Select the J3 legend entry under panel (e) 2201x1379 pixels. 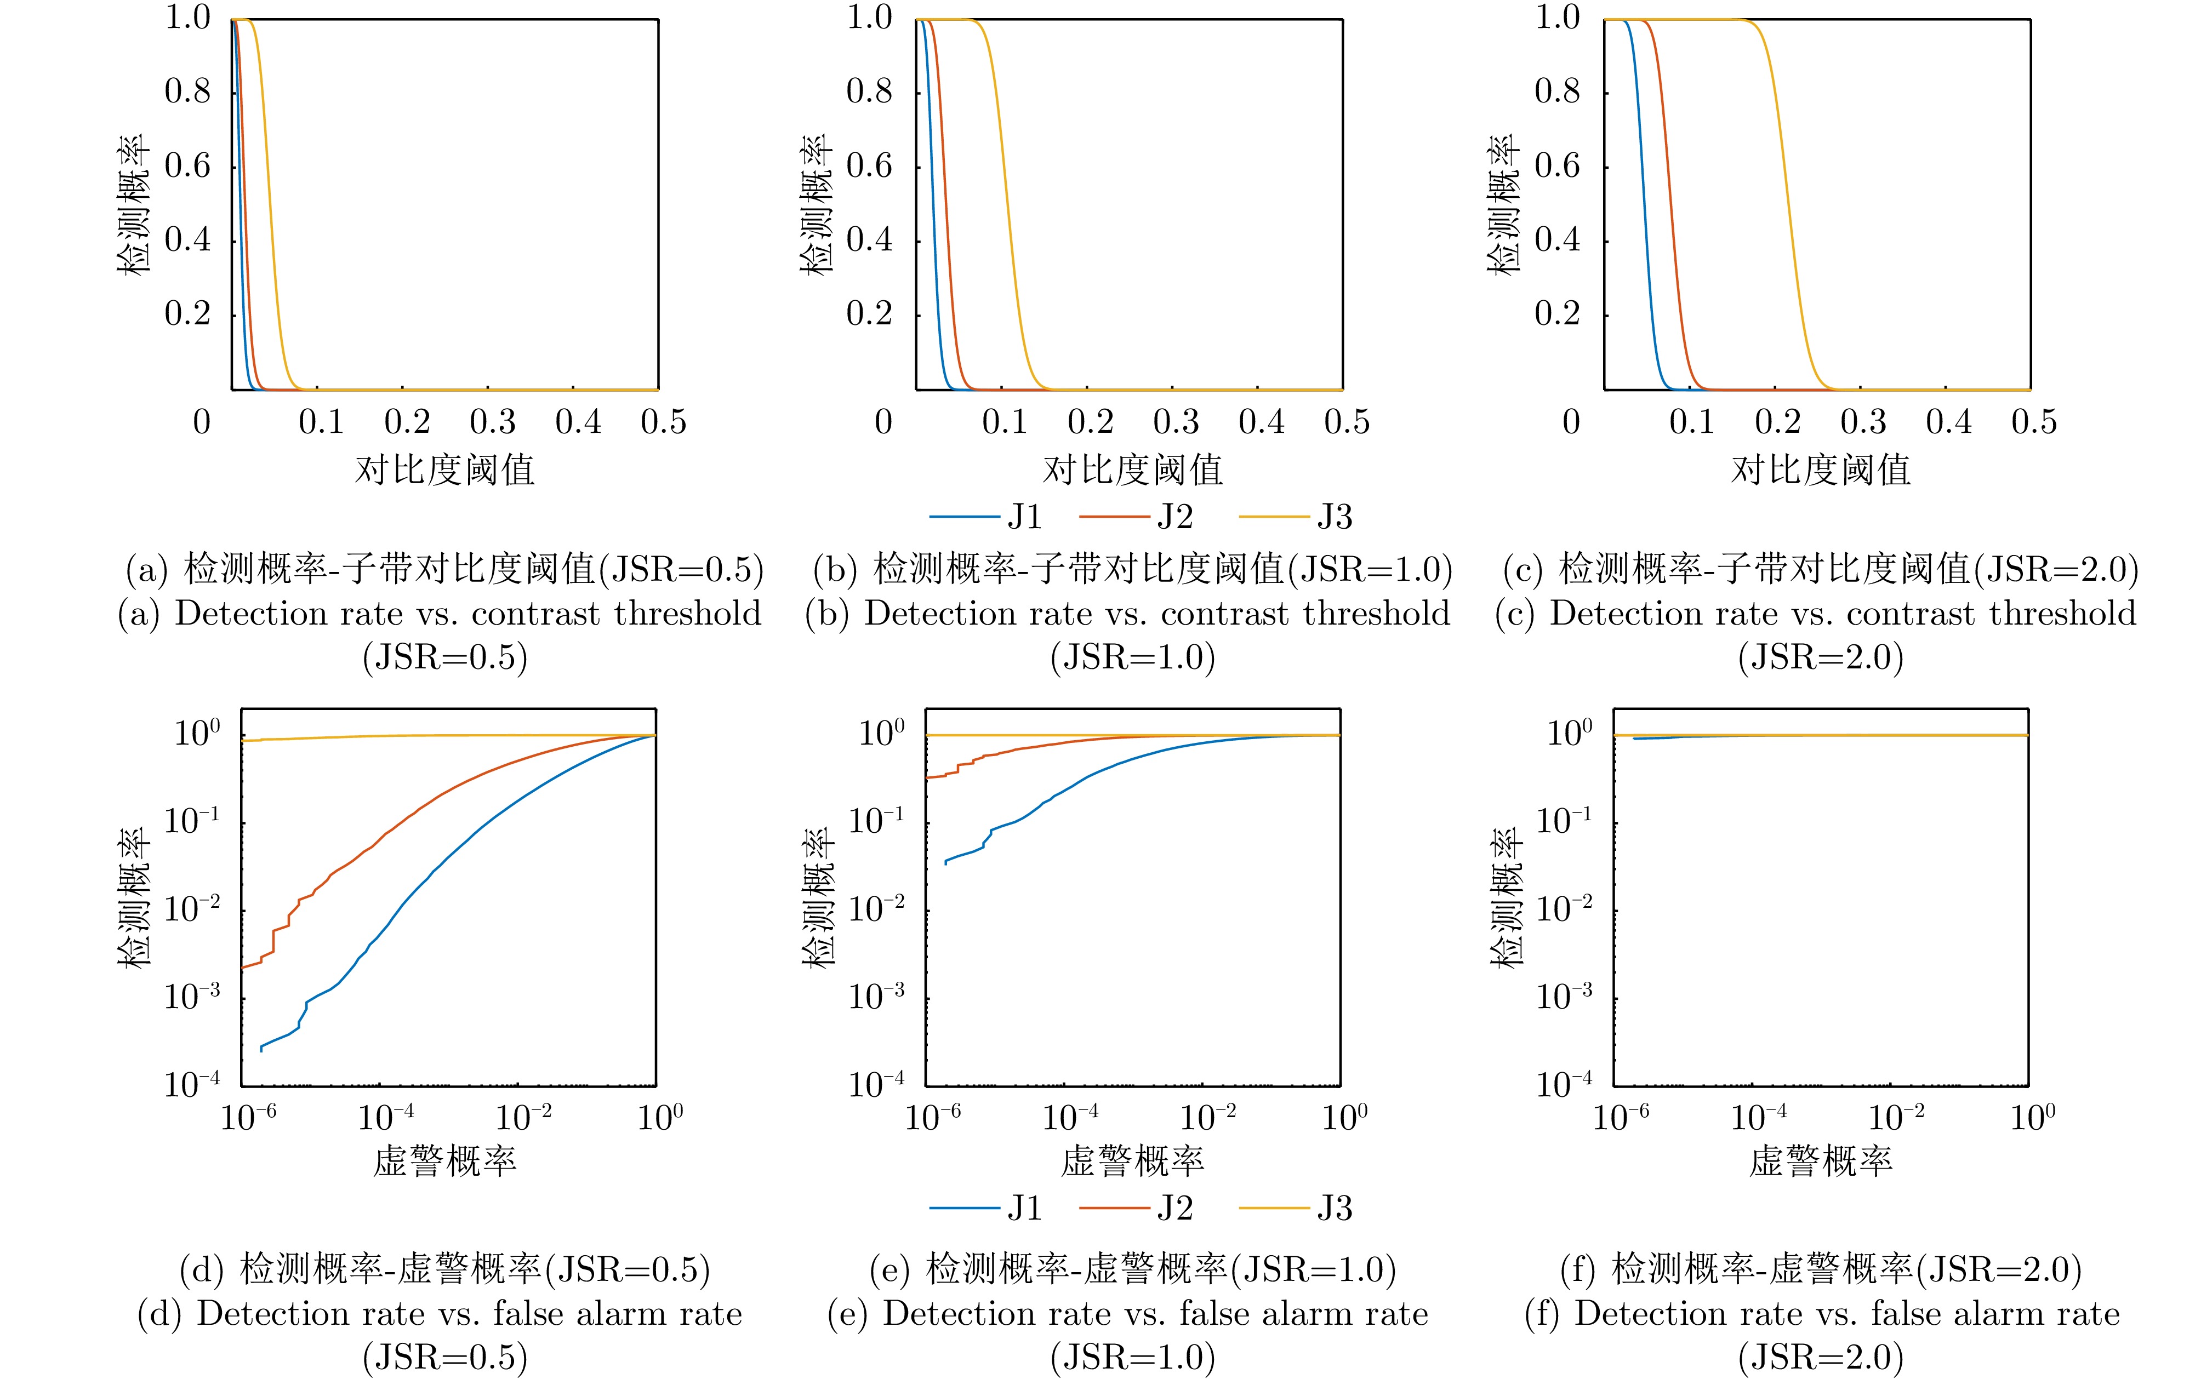point(1333,1209)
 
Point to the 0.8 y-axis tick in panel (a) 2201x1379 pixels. point(187,91)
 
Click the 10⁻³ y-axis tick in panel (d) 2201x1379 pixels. point(192,997)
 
